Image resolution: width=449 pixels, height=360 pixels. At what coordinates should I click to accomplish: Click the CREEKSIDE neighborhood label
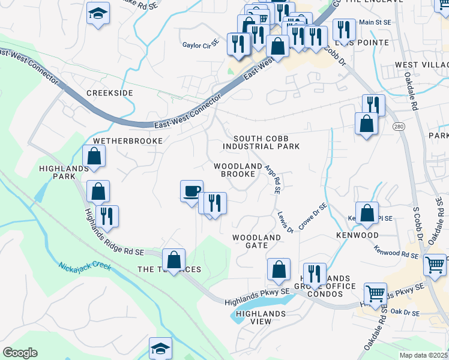(x=109, y=93)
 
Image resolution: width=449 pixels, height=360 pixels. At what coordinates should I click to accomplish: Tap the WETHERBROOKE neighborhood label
(x=127, y=140)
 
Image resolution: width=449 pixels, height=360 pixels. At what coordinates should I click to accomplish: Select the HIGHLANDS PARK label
(x=57, y=173)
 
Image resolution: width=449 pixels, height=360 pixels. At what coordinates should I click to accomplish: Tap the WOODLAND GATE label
(x=257, y=242)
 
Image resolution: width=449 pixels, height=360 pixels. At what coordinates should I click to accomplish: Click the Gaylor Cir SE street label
(x=201, y=44)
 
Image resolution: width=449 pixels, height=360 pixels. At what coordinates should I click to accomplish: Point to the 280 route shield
(x=399, y=127)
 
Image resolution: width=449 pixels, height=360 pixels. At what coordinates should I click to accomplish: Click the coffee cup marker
(x=191, y=191)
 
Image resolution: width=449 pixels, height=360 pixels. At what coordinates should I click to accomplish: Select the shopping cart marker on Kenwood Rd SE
(x=435, y=263)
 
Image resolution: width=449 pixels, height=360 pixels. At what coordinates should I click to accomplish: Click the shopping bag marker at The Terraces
(x=173, y=260)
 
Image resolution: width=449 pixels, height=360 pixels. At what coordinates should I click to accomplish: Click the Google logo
(x=20, y=353)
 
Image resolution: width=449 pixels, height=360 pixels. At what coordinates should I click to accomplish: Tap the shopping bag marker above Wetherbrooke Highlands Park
(x=94, y=156)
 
